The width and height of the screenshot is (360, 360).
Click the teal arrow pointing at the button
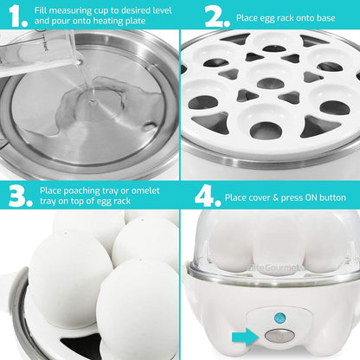pos(245,337)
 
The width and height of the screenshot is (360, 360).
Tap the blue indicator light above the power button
pos(280,318)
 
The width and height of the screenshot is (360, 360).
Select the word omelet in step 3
pos(145,190)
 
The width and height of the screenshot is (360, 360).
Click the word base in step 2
pos(325,18)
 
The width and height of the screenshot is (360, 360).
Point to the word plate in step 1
pos(135,21)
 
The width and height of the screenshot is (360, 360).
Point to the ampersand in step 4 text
pos(276,197)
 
